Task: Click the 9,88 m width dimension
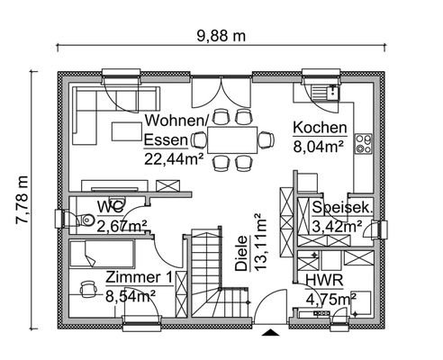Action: coord(221,36)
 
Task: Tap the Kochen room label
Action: coord(316,128)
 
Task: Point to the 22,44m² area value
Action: coord(173,157)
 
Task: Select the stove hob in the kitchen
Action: coord(366,142)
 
